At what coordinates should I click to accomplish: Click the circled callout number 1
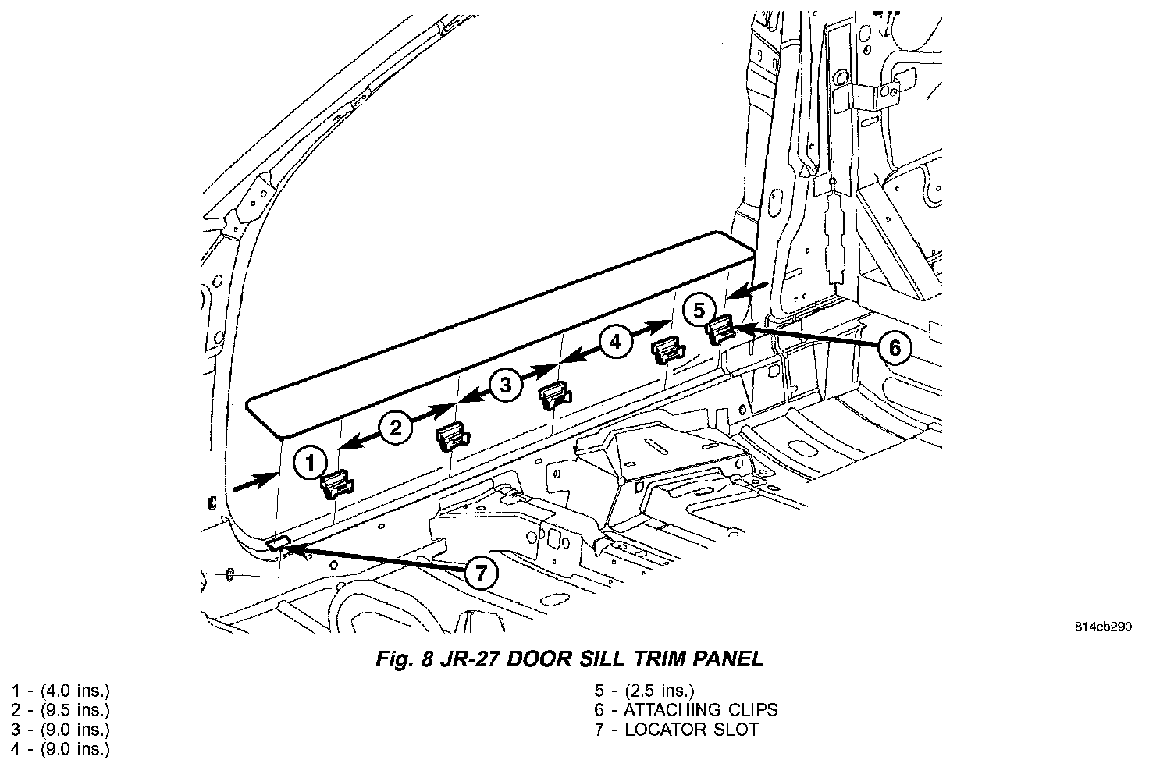point(310,463)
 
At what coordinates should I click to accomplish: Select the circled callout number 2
point(396,427)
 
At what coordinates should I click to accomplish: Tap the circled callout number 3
point(505,384)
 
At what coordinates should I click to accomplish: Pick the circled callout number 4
point(615,341)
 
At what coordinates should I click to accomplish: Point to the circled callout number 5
point(699,308)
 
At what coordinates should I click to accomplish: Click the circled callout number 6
point(895,347)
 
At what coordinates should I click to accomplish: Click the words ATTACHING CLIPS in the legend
point(700,709)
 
